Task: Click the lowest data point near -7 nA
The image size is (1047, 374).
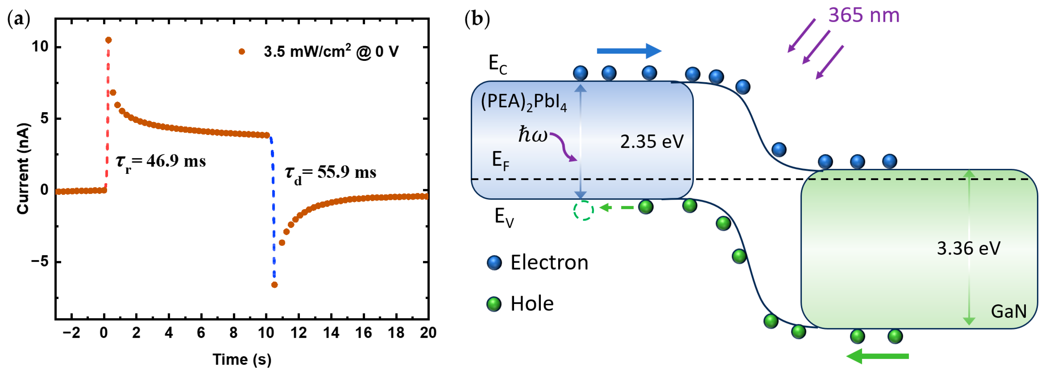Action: click(274, 285)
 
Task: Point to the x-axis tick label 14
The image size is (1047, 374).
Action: click(331, 333)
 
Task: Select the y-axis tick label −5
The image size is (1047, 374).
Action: click(39, 262)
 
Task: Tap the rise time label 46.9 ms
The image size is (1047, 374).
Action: click(161, 161)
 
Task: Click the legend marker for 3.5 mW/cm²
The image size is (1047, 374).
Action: click(242, 51)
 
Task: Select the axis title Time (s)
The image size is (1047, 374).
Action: click(242, 359)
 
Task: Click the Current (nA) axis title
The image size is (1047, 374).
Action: click(23, 168)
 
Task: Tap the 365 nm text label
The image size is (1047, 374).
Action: click(864, 15)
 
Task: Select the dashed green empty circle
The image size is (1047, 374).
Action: click(583, 210)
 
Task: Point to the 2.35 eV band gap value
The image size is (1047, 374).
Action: click(651, 142)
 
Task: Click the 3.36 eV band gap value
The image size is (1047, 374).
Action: click(968, 248)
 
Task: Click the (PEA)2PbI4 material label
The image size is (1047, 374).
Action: click(523, 102)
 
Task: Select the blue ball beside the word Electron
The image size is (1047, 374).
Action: click(494, 263)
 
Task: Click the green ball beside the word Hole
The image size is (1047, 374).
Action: click(494, 304)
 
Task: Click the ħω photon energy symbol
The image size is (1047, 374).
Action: click(532, 134)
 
